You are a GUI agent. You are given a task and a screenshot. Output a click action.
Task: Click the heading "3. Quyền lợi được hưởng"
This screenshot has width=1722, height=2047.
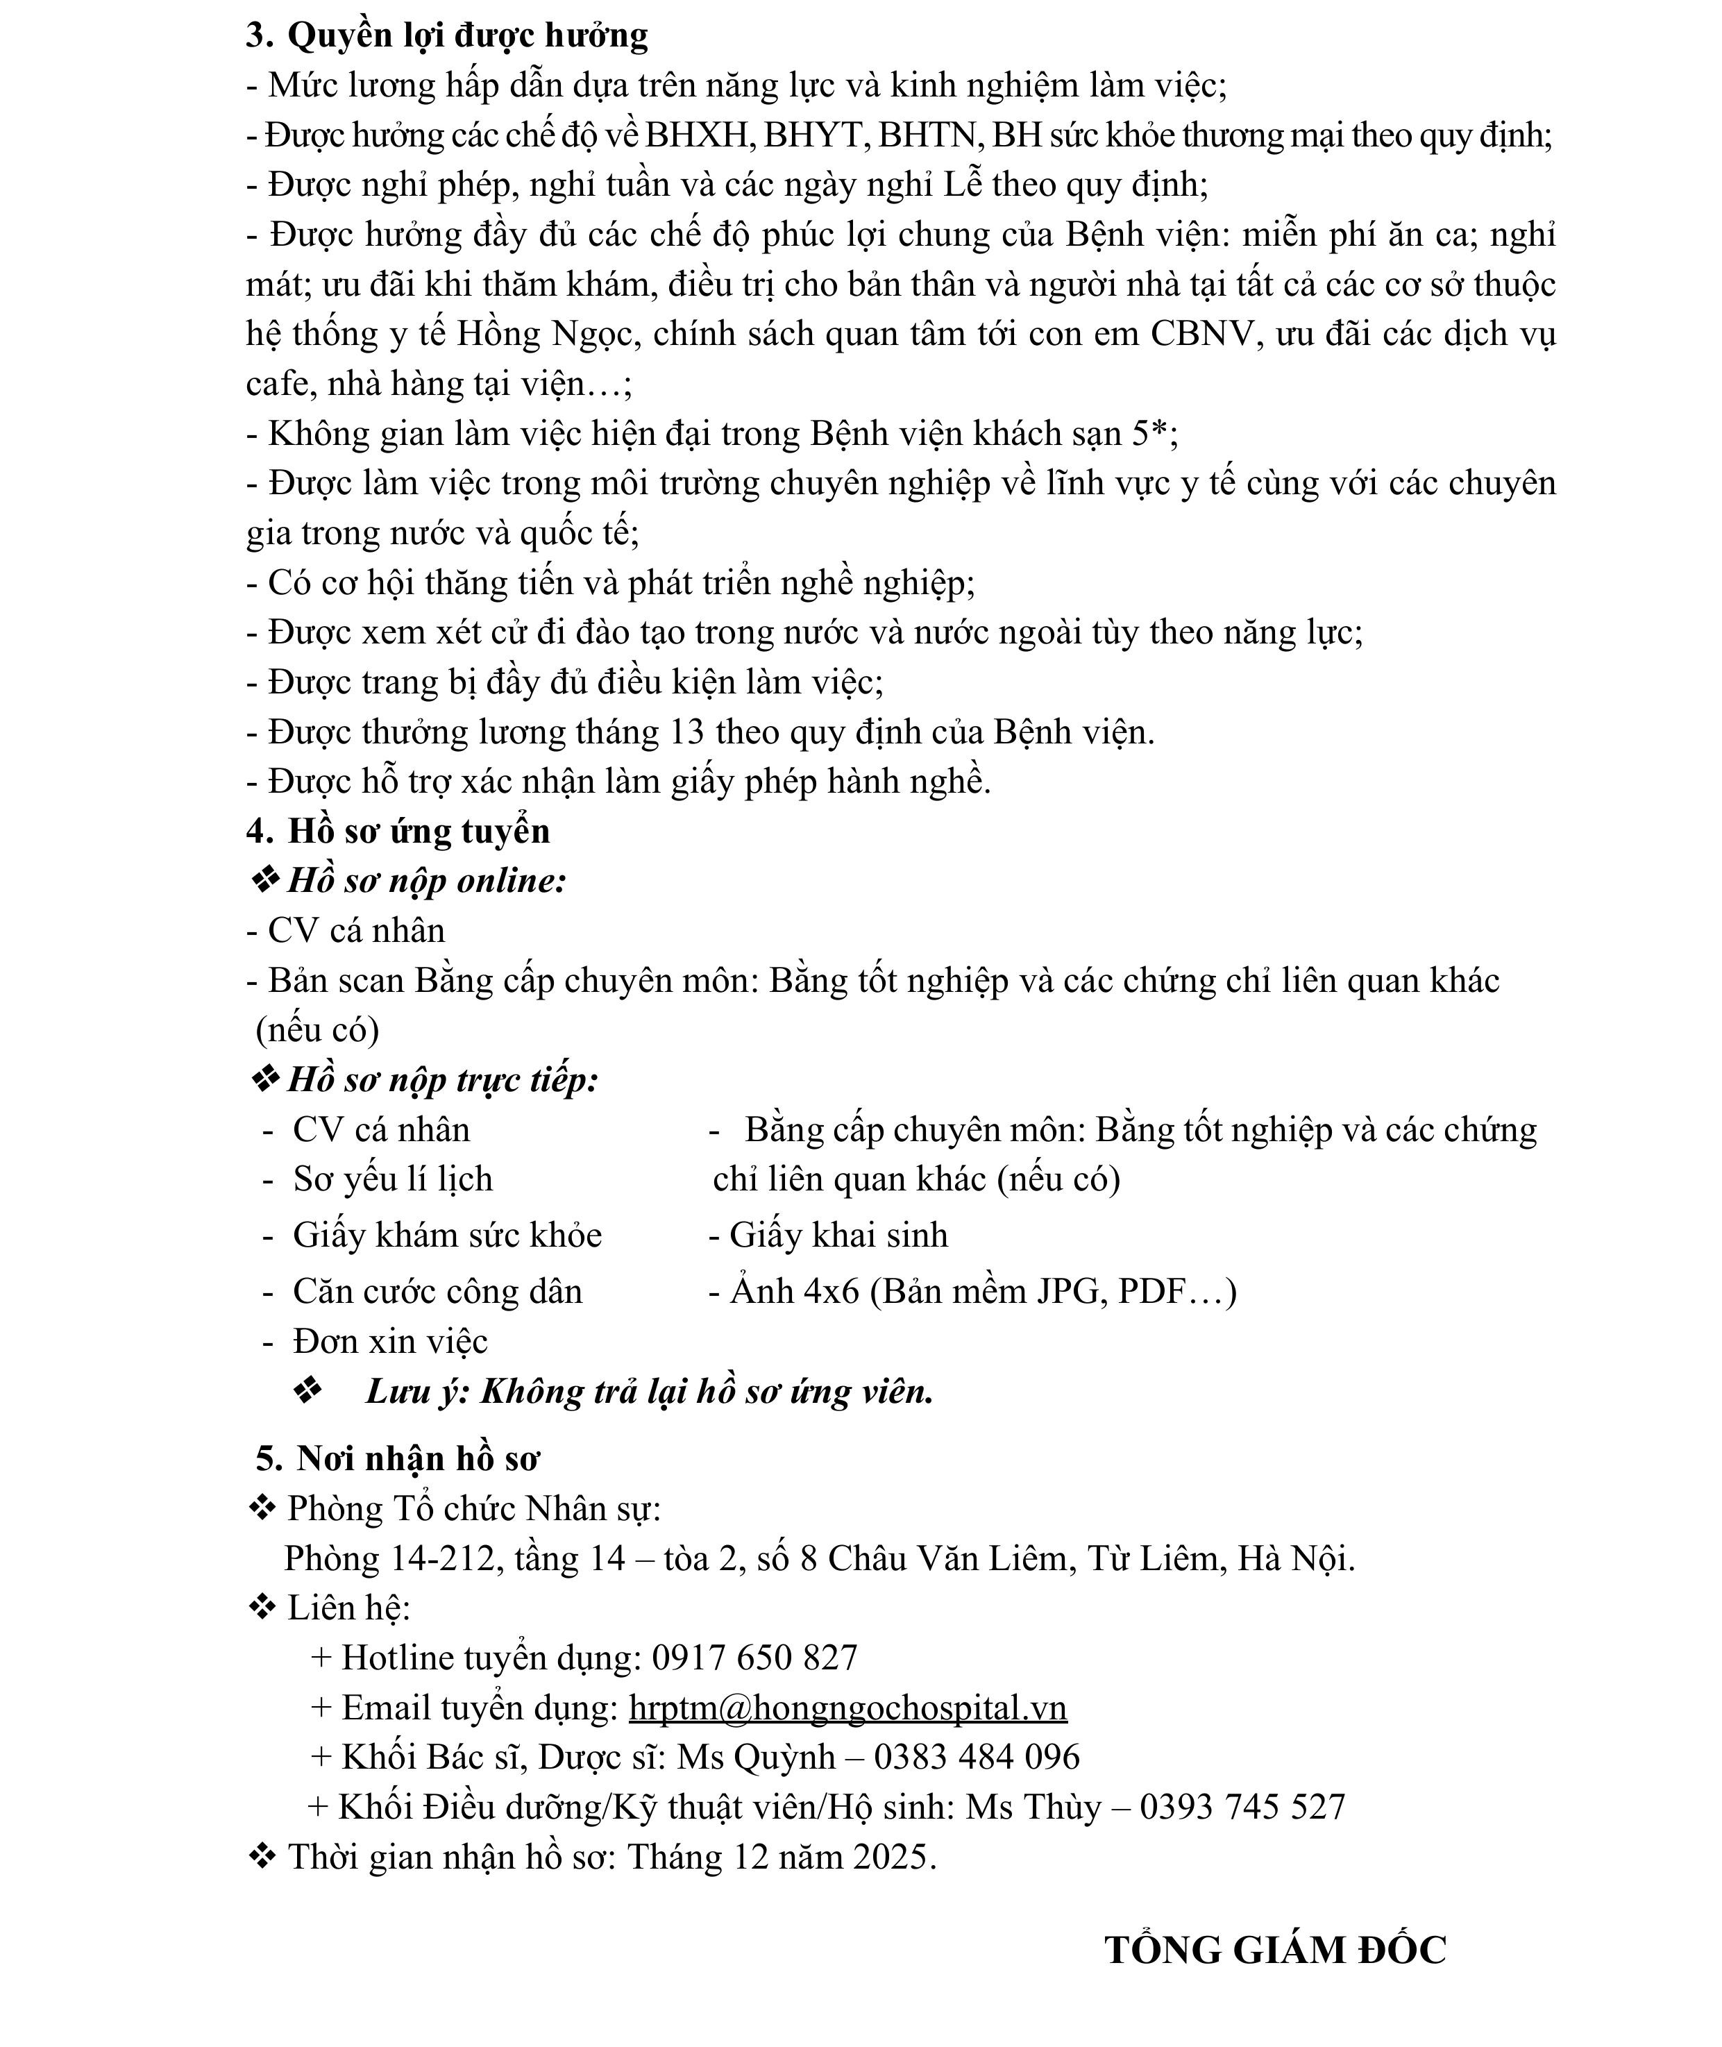point(447,36)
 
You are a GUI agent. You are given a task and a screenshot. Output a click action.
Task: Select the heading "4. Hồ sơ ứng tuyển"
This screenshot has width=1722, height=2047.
point(398,832)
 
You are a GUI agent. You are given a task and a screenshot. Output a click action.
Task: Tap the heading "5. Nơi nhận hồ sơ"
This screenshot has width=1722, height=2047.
point(397,1458)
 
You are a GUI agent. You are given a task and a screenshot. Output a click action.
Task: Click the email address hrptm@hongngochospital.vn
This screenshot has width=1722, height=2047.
point(847,1708)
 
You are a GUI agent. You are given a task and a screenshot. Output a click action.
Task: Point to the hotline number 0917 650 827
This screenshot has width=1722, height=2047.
point(754,1658)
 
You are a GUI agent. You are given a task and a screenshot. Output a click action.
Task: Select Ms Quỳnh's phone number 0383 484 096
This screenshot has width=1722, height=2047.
point(976,1757)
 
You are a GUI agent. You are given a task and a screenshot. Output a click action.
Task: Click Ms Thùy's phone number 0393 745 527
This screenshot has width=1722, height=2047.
point(1242,1807)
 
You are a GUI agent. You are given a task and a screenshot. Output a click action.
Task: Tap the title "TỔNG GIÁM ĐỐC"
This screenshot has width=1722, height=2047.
point(1275,1951)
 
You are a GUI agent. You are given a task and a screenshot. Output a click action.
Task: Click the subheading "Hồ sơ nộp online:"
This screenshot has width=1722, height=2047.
point(427,882)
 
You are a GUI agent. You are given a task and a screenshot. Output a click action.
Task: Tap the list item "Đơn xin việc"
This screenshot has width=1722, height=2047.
point(389,1341)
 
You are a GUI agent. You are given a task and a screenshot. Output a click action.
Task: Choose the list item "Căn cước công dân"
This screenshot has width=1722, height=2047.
point(437,1292)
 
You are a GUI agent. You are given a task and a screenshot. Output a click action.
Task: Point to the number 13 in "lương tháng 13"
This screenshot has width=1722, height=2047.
point(687,732)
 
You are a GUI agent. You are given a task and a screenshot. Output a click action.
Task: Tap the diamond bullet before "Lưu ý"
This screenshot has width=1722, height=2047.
point(307,1392)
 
